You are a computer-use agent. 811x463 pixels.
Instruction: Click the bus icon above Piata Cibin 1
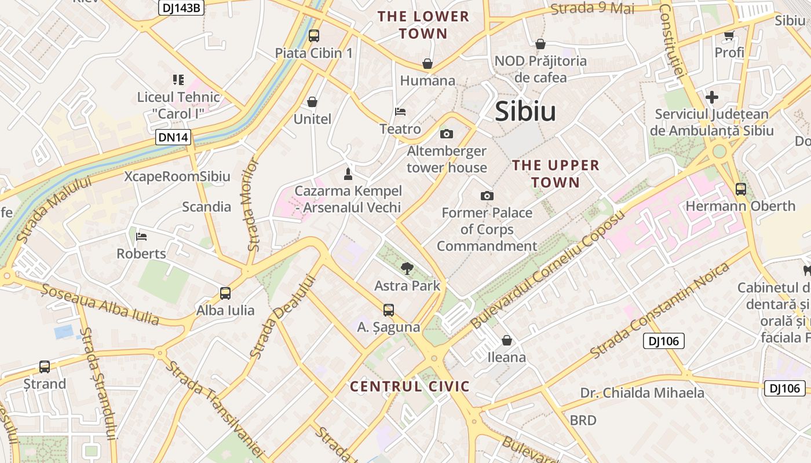314,35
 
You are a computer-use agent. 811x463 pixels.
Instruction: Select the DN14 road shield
173,137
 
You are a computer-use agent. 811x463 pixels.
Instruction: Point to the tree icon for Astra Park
407,268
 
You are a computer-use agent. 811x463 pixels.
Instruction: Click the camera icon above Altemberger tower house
446,134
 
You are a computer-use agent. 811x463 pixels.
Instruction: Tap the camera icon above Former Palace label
487,196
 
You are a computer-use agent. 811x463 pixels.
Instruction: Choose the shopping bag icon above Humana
428,63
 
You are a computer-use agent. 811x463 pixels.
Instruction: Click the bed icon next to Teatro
400,111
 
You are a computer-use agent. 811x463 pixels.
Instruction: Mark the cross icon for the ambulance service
712,97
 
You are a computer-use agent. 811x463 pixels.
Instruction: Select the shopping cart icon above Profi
729,35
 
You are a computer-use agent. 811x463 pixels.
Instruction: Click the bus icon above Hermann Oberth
740,189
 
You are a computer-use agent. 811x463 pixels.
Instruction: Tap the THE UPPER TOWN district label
556,174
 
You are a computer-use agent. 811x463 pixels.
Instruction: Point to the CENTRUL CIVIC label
410,387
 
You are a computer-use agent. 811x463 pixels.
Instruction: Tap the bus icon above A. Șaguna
388,310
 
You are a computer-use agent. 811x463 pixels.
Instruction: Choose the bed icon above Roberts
141,236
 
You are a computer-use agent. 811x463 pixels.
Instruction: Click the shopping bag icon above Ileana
507,340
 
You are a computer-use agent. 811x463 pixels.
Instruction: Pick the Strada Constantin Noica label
659,310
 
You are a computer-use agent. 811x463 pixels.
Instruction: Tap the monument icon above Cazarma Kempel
348,174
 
